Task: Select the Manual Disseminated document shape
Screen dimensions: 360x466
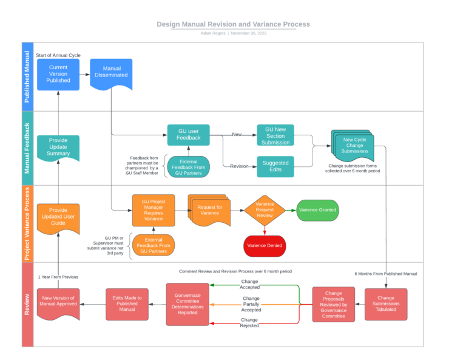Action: click(111, 73)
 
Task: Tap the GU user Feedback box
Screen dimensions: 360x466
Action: click(189, 135)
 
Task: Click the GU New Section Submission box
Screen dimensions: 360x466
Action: click(275, 135)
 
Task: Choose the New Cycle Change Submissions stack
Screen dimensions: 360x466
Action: click(353, 146)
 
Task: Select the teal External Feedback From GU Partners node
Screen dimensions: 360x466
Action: click(189, 166)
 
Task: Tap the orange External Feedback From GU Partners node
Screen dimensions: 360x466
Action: click(154, 245)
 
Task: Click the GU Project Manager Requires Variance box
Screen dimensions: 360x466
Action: click(154, 210)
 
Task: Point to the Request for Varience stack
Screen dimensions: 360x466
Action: click(209, 210)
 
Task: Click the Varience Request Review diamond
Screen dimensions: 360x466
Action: click(265, 210)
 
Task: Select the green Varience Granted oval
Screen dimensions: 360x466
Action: click(317, 210)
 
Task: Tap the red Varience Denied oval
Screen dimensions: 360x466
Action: click(265, 245)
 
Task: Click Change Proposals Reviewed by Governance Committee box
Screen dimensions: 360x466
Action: click(334, 304)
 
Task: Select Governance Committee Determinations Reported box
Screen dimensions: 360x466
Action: click(187, 304)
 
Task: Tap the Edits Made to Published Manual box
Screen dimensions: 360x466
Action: click(127, 304)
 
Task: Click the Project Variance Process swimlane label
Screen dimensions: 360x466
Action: click(27, 224)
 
